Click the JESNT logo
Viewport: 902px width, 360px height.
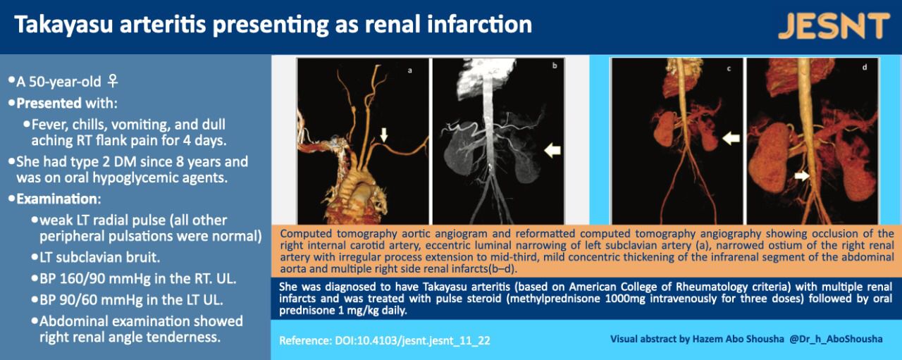pos(834,26)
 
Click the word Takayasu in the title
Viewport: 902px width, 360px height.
pos(64,25)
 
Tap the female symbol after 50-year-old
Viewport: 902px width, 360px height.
pos(113,81)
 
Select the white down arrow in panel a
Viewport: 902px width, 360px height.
pos(384,135)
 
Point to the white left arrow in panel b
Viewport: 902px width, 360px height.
pos(552,151)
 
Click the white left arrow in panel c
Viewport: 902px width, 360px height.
pos(731,139)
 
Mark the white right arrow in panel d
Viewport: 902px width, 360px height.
pos(802,175)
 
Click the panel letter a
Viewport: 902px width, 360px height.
pos(410,70)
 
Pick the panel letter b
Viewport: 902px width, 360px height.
pos(555,66)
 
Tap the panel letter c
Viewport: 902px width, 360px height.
pos(729,69)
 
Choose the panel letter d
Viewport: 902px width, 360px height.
pos(865,67)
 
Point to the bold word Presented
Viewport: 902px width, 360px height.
pos(49,103)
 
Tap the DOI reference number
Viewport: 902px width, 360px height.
pos(412,341)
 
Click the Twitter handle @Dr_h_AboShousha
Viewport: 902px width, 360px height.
pos(836,339)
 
